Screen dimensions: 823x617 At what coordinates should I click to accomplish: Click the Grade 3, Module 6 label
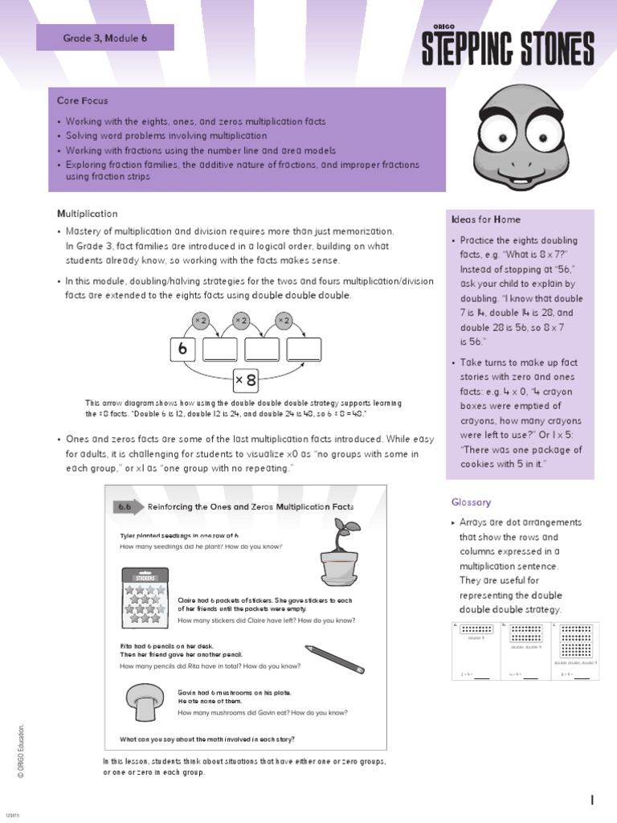pyautogui.click(x=105, y=38)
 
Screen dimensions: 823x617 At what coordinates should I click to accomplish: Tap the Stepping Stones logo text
pyautogui.click(x=508, y=49)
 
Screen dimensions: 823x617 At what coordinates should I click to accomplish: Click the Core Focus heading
pyautogui.click(x=82, y=101)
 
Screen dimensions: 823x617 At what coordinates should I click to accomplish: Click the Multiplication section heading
pyautogui.click(x=87, y=214)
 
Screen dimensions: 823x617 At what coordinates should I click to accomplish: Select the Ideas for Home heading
pyautogui.click(x=485, y=219)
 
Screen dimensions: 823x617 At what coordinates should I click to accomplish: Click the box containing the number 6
pyautogui.click(x=182, y=350)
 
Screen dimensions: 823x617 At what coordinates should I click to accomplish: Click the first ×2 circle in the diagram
pyautogui.click(x=201, y=321)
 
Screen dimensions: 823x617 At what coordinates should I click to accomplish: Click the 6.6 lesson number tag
pyautogui.click(x=125, y=507)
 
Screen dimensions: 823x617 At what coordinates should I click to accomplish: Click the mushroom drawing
pyautogui.click(x=145, y=702)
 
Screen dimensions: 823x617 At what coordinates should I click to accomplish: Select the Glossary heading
pyautogui.click(x=471, y=502)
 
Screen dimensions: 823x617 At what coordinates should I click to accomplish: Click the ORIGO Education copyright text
pyautogui.click(x=22, y=751)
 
